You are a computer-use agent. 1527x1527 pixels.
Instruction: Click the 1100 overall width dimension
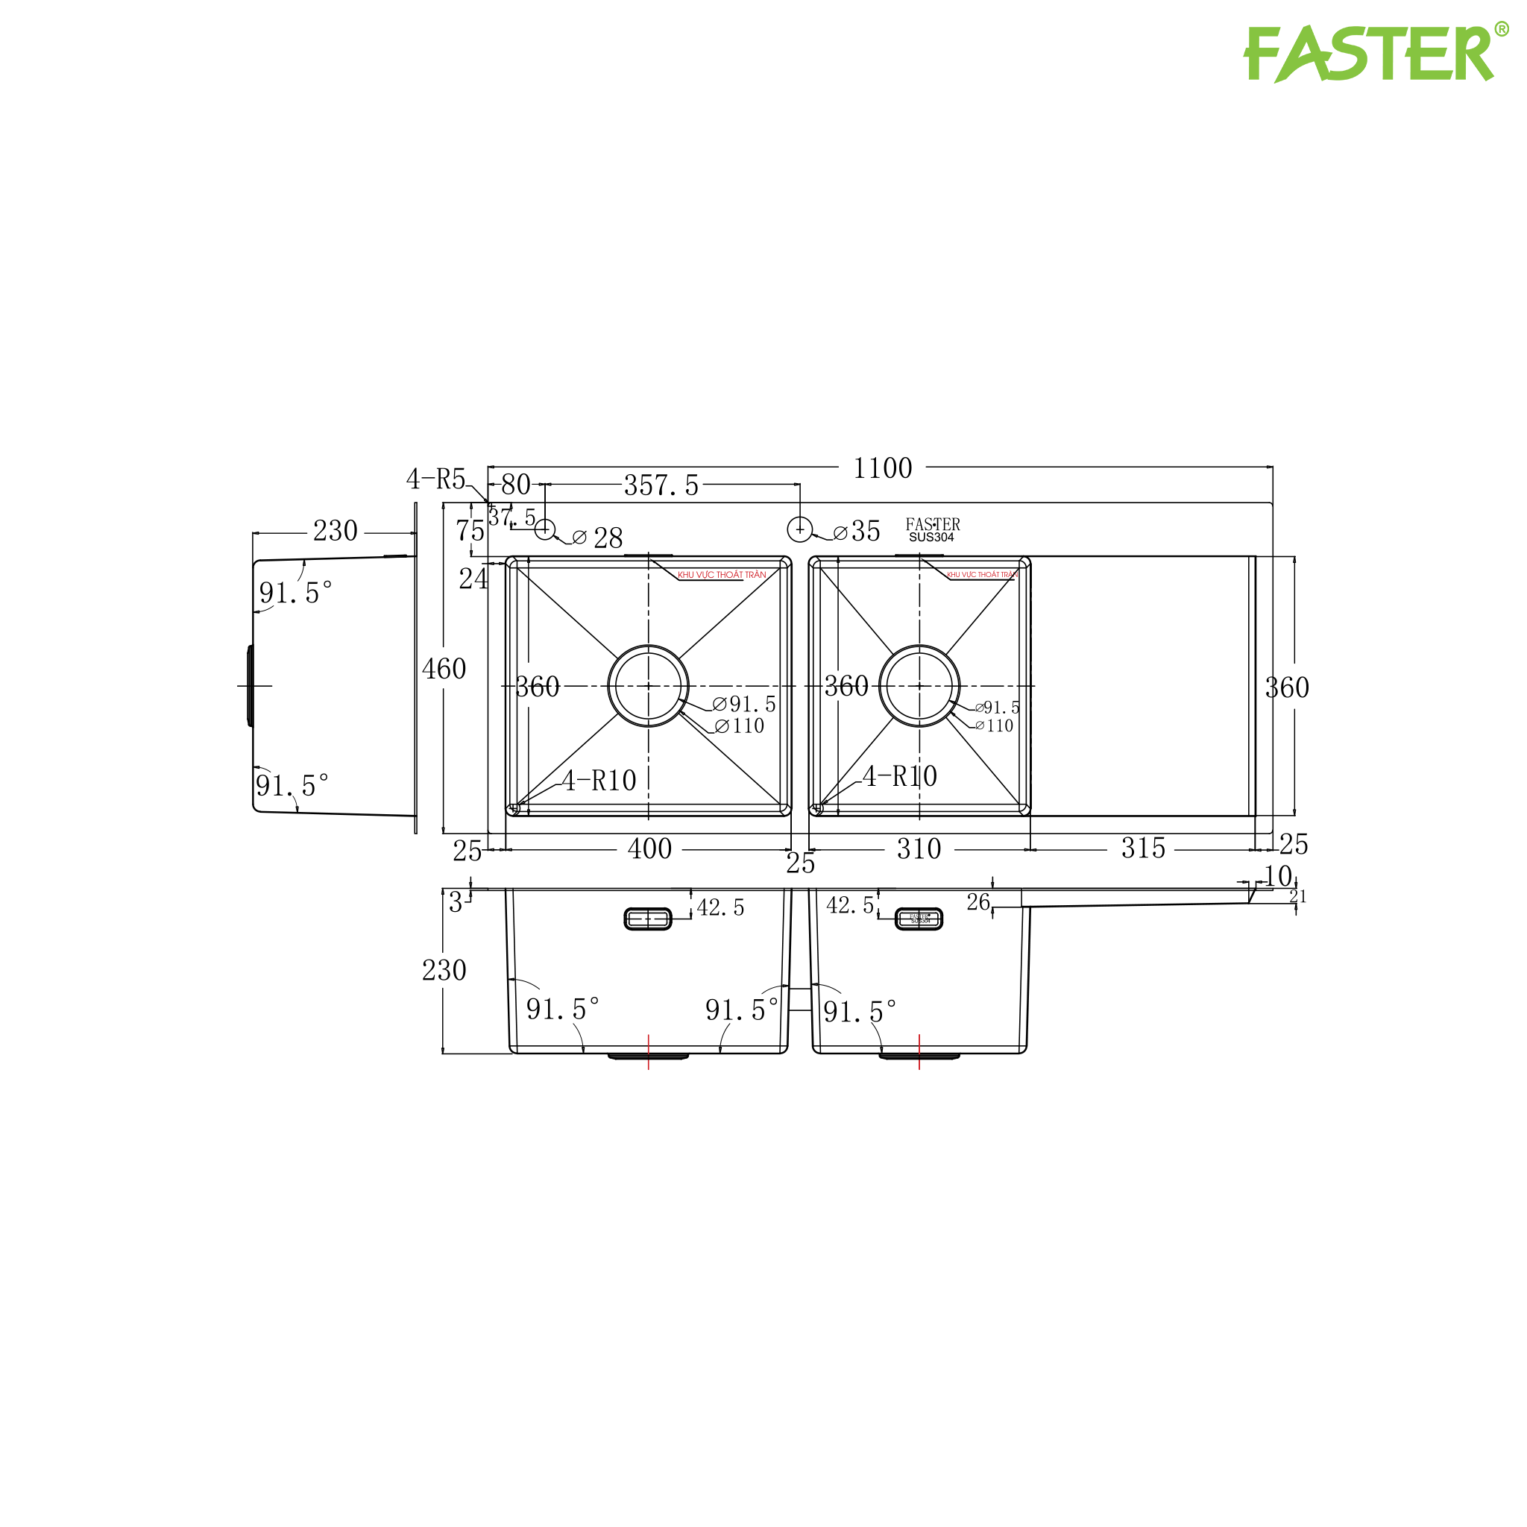[x=882, y=469]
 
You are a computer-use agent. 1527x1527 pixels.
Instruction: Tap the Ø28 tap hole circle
[x=544, y=529]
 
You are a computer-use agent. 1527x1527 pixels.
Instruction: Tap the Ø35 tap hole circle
[x=800, y=529]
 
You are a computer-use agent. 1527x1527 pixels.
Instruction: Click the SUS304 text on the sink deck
[x=931, y=538]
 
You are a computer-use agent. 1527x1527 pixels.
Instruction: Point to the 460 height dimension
[x=444, y=670]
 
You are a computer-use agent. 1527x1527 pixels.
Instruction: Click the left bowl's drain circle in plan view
[x=648, y=686]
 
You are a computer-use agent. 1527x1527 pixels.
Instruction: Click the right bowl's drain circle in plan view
[x=919, y=686]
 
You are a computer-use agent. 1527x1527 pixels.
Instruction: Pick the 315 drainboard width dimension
[x=1143, y=848]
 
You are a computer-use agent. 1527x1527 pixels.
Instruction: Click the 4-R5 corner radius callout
[x=435, y=479]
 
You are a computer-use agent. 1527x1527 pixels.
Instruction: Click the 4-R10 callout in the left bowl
[x=599, y=781]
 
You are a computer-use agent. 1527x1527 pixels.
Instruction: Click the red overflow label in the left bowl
[x=722, y=575]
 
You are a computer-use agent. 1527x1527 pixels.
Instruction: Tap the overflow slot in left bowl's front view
[x=648, y=919]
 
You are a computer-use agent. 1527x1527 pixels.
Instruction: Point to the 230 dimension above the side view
[x=335, y=531]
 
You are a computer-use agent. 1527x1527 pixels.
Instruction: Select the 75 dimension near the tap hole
[x=470, y=531]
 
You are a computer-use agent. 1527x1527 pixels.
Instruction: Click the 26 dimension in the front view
[x=977, y=903]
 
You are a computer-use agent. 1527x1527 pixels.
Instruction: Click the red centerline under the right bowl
[x=919, y=1052]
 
